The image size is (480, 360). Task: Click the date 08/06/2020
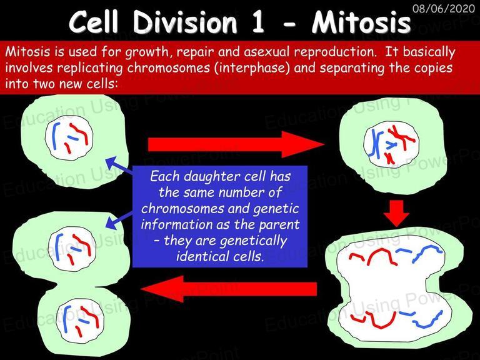[x=444, y=8]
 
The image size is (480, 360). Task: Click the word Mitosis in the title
[x=361, y=22]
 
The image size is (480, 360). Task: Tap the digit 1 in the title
[x=257, y=22]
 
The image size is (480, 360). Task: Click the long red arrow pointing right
[x=236, y=144]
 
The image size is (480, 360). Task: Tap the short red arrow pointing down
[x=396, y=213]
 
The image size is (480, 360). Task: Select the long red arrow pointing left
[x=229, y=289]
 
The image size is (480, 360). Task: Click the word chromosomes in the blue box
[x=182, y=209]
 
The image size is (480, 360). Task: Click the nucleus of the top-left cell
[x=69, y=137]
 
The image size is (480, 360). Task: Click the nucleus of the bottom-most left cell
[x=81, y=320]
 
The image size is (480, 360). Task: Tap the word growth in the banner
[x=147, y=52]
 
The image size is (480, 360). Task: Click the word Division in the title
[x=185, y=22]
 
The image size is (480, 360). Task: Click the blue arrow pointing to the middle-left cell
[x=119, y=220]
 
